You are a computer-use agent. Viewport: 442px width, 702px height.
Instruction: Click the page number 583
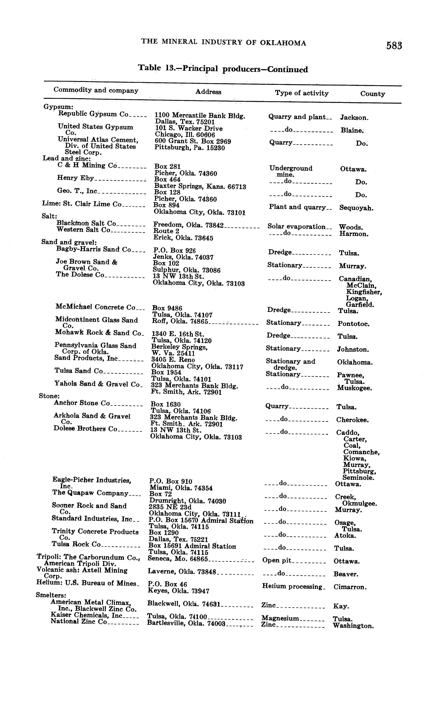point(394,46)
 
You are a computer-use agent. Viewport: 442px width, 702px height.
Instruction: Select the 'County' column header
point(372,94)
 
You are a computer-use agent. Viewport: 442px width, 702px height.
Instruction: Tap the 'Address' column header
point(208,92)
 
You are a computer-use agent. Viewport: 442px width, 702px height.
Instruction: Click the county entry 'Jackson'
point(354,118)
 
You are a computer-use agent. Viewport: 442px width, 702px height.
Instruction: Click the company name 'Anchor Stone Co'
point(82,403)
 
